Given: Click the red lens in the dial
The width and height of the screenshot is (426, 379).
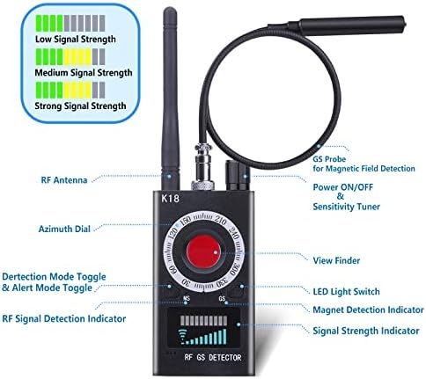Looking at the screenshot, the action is click(x=203, y=252).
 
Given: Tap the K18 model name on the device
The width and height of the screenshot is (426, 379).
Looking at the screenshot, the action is click(x=170, y=199).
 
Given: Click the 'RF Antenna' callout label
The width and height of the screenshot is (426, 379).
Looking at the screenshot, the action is click(x=64, y=179).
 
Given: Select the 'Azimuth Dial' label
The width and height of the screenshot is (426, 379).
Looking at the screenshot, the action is click(x=64, y=229).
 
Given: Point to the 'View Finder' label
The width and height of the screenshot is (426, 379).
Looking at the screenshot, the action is click(x=336, y=260).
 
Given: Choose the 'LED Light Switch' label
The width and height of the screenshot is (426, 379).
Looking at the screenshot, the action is click(x=346, y=292).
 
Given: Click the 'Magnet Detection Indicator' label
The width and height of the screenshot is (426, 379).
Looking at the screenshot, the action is click(x=368, y=310).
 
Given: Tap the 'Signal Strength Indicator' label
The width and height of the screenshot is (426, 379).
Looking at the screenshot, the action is click(x=366, y=331).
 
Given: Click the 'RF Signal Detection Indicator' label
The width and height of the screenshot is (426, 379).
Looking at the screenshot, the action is click(x=64, y=318).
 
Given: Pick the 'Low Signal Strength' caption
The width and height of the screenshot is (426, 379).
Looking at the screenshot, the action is click(x=76, y=39).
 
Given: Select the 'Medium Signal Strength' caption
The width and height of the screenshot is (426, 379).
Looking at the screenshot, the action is click(x=84, y=72).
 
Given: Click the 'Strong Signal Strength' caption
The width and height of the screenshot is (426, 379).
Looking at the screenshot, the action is click(x=80, y=106).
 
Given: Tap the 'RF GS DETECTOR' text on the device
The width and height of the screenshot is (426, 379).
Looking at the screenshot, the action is click(x=213, y=358).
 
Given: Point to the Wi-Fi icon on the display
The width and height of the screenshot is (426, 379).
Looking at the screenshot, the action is click(x=183, y=337).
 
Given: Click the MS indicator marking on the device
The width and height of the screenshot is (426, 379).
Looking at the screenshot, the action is click(x=187, y=298).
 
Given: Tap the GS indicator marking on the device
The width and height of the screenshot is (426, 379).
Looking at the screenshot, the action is click(x=222, y=299).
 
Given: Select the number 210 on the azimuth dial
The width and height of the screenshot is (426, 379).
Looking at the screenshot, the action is click(x=220, y=220).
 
